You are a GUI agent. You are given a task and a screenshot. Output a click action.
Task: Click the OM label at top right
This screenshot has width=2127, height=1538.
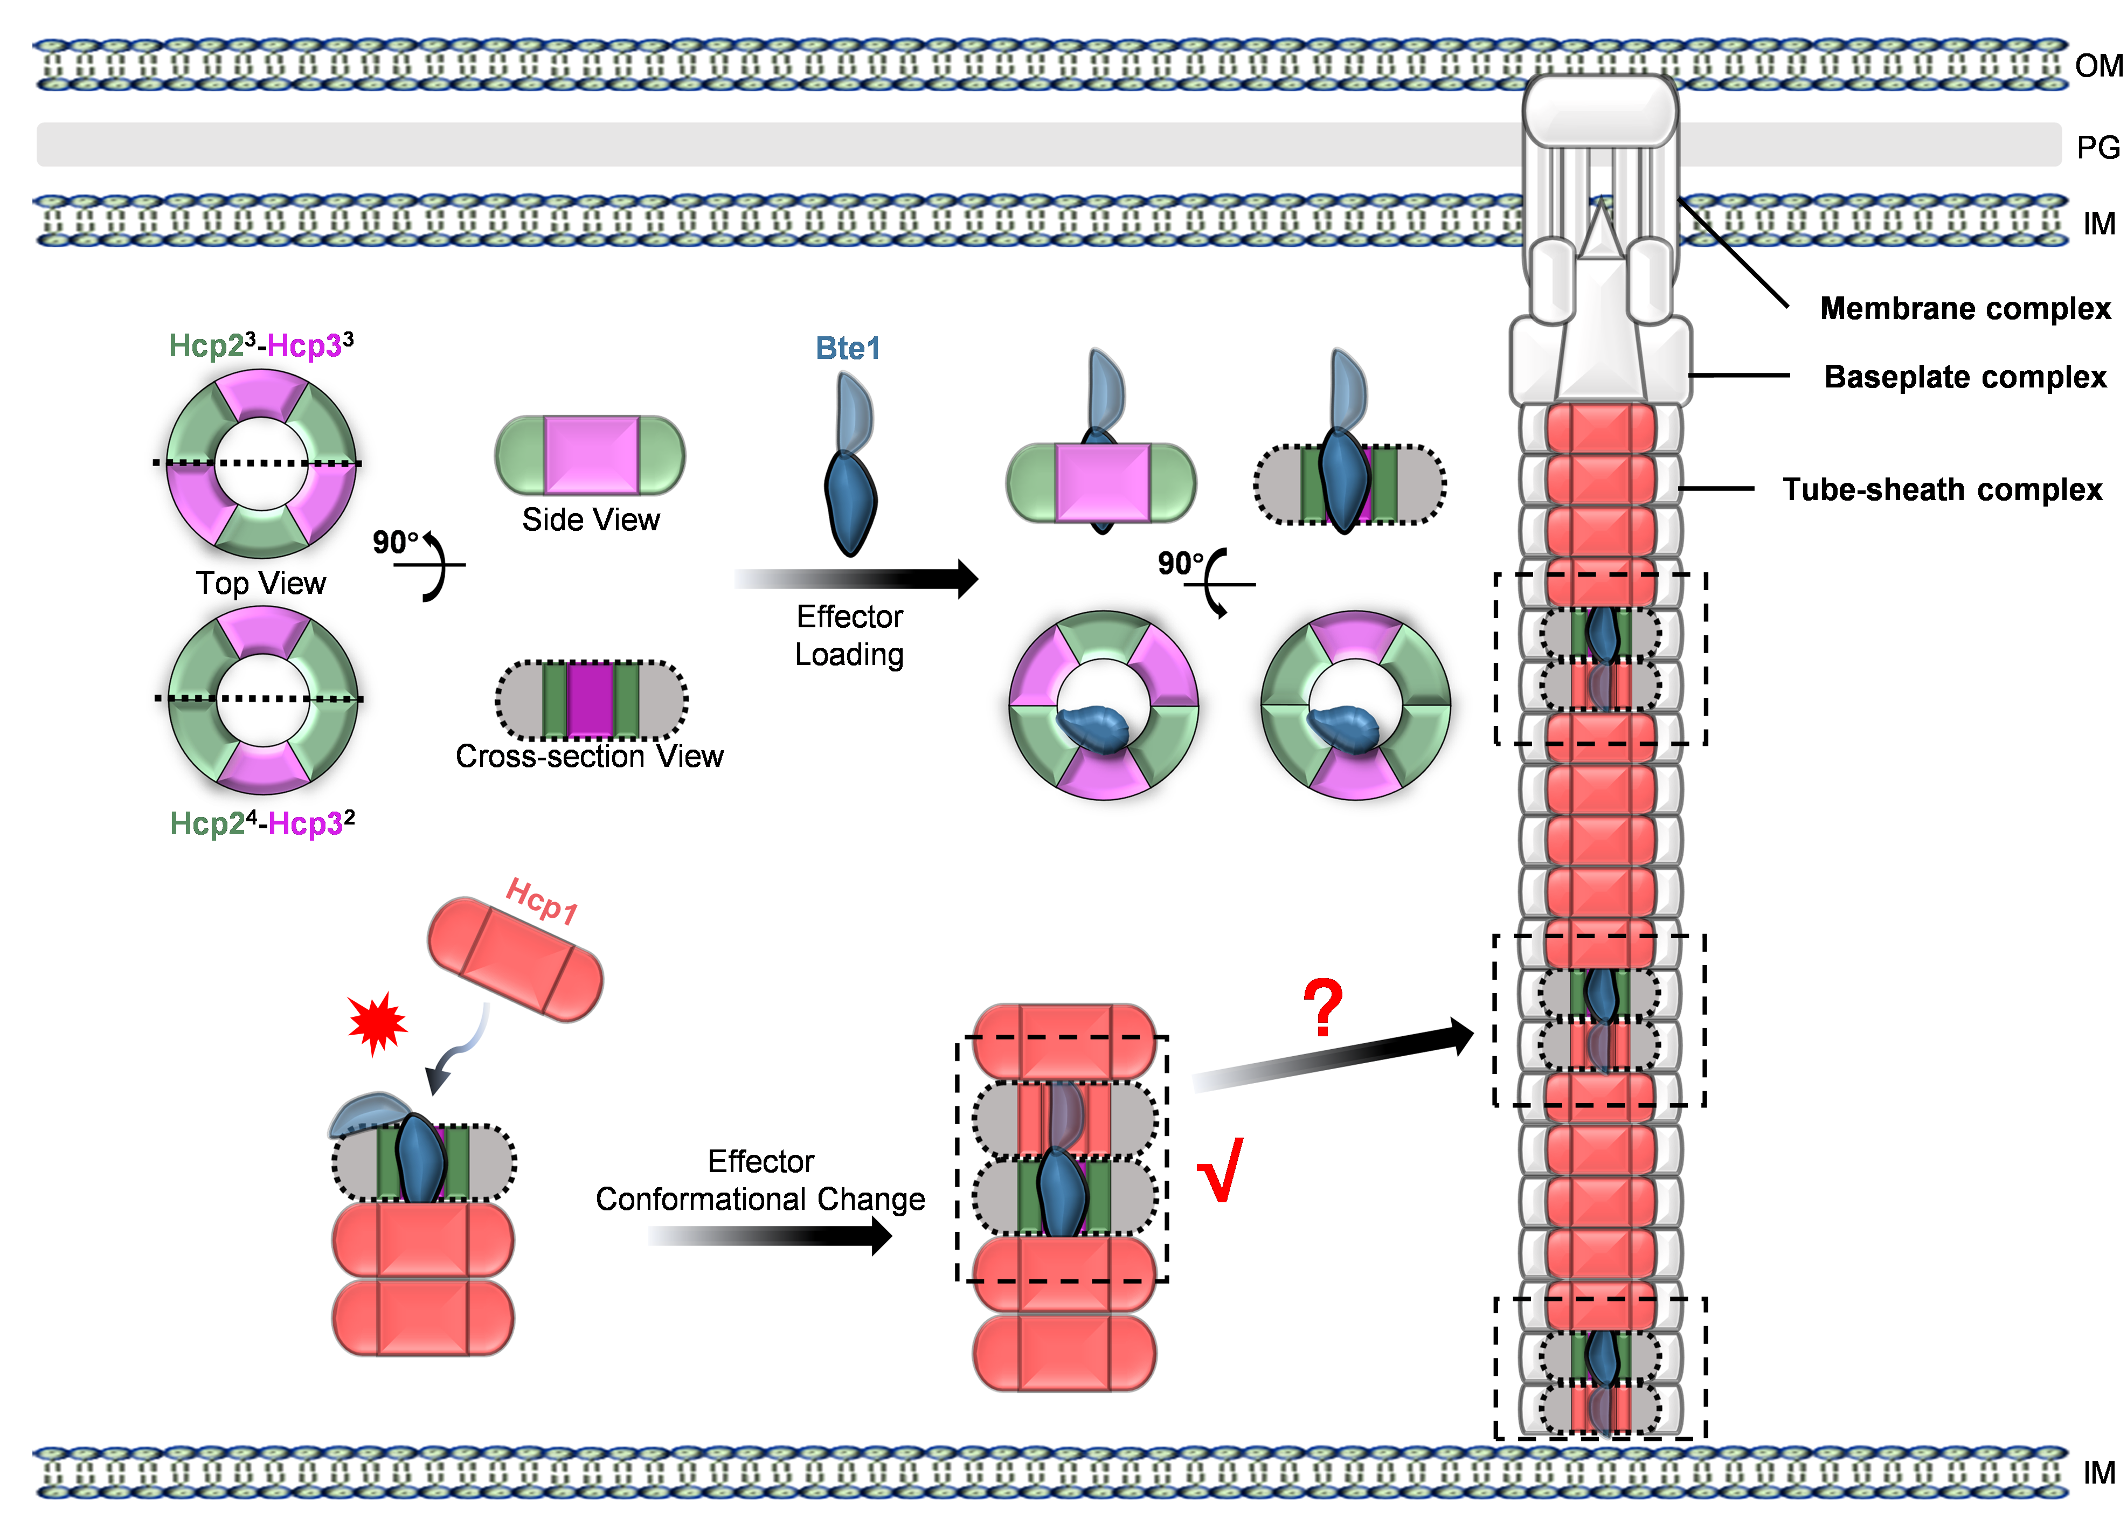2098,66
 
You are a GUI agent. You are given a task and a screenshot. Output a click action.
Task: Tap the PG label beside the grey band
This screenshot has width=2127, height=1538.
2098,147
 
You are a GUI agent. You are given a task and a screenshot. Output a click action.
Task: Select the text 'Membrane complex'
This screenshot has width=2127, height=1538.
1965,309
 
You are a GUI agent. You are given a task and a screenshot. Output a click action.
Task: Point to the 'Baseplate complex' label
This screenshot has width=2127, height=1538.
1965,377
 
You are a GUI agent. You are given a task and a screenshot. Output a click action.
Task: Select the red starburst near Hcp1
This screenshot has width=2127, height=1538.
377,1024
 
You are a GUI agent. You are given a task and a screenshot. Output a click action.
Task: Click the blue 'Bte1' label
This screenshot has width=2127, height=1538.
848,349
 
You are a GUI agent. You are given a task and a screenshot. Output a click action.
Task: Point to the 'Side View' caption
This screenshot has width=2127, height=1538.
591,519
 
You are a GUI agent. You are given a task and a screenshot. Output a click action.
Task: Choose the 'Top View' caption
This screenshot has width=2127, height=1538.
261,583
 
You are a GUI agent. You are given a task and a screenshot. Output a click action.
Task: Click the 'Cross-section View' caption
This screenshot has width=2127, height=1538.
589,756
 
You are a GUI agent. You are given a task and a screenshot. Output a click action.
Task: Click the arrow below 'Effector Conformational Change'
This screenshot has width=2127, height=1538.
769,1236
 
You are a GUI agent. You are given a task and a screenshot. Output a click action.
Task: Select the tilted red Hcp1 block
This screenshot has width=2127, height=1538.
515,959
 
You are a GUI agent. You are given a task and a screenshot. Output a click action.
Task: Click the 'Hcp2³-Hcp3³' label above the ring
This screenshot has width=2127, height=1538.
261,345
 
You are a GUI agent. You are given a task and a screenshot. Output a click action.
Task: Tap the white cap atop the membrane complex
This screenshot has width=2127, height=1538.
1600,110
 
